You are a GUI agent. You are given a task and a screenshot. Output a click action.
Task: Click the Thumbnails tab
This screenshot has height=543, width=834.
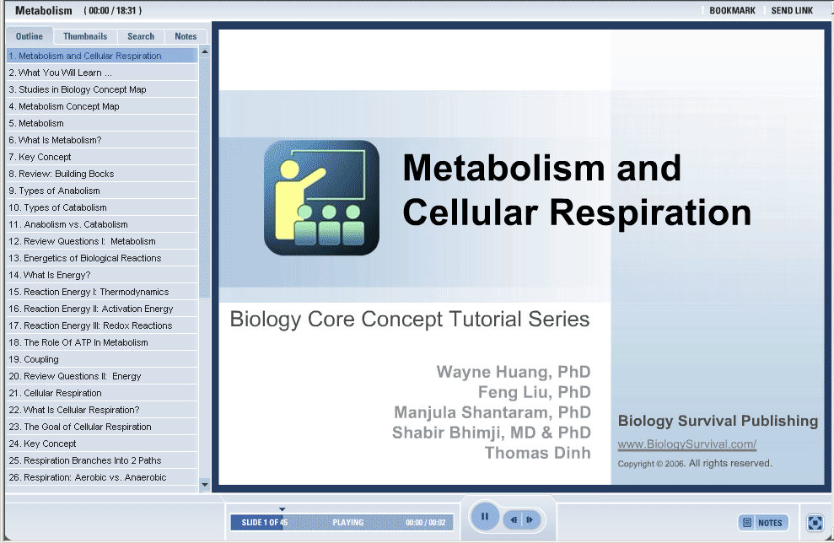tap(85, 36)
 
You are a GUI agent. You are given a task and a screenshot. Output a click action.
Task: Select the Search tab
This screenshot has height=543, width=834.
tap(141, 36)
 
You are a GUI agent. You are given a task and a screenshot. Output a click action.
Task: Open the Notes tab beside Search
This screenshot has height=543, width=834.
tap(186, 36)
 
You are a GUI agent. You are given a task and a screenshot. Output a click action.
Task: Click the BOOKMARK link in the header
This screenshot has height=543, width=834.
tap(732, 11)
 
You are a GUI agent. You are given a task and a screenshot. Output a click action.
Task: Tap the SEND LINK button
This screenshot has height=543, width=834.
tap(792, 11)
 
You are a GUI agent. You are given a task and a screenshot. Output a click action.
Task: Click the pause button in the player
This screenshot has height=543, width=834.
tap(485, 516)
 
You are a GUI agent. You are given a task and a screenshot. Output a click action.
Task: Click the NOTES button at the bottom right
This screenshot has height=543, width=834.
tap(763, 523)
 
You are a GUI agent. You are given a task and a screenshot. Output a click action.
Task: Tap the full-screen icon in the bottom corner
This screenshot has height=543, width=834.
tap(815, 522)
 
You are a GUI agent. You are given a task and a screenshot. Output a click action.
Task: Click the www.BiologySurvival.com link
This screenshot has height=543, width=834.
tap(686, 444)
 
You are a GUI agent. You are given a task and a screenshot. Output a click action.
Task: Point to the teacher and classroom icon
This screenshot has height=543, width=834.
tap(322, 198)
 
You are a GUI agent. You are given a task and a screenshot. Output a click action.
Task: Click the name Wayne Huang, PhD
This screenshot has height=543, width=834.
tap(514, 372)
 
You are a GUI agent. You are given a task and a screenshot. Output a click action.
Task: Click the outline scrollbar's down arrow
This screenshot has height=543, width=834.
tap(204, 485)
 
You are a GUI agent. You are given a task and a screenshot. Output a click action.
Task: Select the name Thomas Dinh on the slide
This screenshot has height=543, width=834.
tap(537, 453)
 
